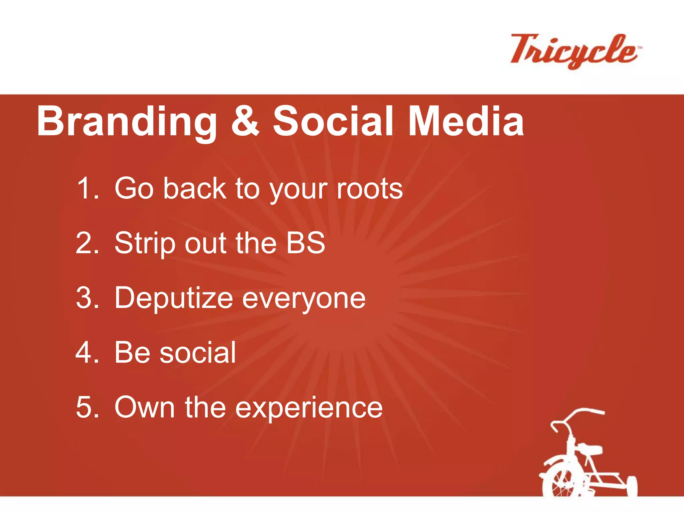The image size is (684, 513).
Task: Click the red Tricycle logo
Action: click(x=574, y=51)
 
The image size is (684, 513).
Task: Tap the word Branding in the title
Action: click(x=127, y=122)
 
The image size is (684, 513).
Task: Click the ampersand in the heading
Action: click(x=245, y=121)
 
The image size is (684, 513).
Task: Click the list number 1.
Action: click(x=88, y=189)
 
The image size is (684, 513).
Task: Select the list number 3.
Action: click(x=88, y=298)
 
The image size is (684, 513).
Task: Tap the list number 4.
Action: click(x=88, y=352)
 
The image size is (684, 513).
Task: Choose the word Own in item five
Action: click(x=145, y=407)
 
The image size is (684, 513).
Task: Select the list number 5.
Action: click(x=88, y=407)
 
